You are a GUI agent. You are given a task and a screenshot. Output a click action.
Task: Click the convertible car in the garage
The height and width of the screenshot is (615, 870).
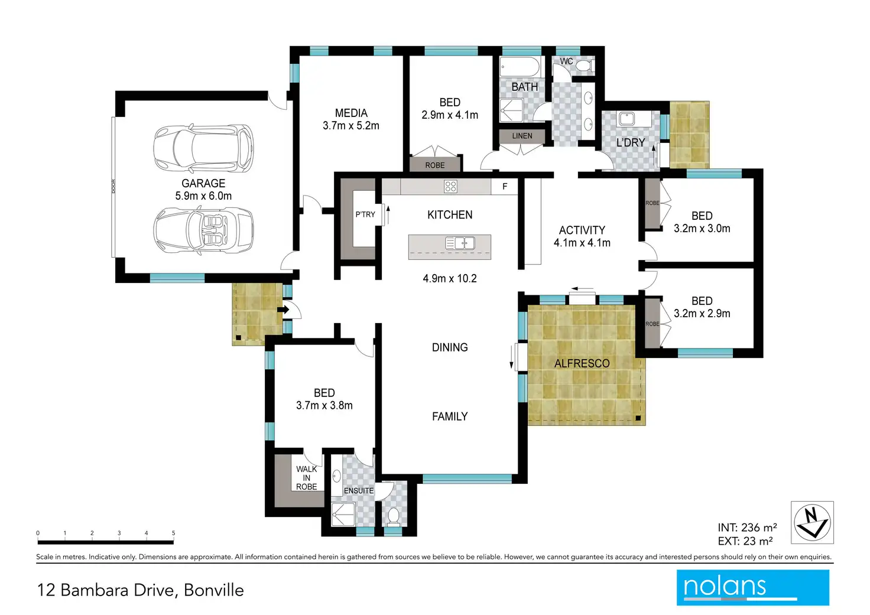pos(203,231)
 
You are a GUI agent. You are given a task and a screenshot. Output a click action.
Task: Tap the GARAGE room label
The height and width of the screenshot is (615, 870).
pos(203,183)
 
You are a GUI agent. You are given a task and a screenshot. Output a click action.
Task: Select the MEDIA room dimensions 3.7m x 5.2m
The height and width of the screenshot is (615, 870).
pos(350,126)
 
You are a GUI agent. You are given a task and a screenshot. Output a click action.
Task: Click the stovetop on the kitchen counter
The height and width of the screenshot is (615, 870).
pos(450,186)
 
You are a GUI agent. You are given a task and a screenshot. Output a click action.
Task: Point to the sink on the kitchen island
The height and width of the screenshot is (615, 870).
pos(460,243)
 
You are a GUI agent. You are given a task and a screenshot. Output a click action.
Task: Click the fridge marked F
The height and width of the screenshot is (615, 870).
pos(505,186)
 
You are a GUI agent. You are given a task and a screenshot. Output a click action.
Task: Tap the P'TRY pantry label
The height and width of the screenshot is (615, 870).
pos(365,214)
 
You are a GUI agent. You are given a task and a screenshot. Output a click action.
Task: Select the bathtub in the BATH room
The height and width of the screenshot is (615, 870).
pos(520,67)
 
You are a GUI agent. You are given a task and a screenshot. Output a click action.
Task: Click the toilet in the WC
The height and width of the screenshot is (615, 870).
pos(585,65)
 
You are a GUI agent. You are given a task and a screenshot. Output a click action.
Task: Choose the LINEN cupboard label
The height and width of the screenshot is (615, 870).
pos(522,136)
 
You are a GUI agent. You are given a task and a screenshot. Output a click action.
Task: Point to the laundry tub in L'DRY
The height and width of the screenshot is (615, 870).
pos(626,119)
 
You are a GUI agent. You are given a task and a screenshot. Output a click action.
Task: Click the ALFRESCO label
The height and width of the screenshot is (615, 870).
pos(582,363)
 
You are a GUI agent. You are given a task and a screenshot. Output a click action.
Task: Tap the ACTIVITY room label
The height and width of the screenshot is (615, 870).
pos(582,230)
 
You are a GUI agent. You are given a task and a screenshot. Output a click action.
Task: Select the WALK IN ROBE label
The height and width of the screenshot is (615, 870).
pos(306,478)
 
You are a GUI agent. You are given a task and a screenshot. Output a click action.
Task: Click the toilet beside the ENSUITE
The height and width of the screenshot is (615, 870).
pos(394,517)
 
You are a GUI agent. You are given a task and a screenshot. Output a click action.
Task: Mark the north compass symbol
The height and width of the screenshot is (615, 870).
pos(812,522)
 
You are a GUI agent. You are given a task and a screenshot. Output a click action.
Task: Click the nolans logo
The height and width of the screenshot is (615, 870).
pos(753,587)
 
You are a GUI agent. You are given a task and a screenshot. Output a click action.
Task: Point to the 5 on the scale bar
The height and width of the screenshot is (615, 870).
pos(173,533)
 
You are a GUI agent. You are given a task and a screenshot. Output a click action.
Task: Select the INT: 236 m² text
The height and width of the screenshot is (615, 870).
pos(747,527)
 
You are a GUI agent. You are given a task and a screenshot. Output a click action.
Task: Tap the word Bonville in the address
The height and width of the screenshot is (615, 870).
pos(213,590)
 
